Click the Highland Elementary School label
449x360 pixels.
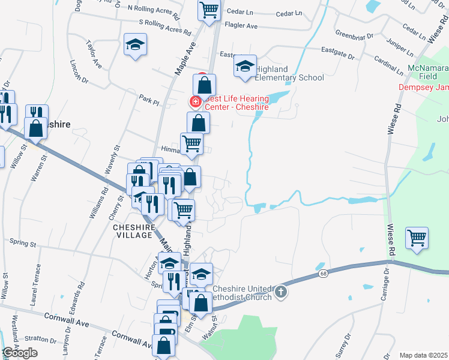pyautogui.click(x=290, y=73)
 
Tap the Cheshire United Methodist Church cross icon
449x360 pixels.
pyautogui.click(x=280, y=293)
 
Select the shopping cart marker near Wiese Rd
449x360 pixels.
pyautogui.click(x=417, y=238)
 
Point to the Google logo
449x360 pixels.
pyautogui.click(x=20, y=353)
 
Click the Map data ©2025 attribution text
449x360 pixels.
pyautogui.click(x=424, y=355)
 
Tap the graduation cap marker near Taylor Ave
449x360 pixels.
pyautogui.click(x=136, y=45)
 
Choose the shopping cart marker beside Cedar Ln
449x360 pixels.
pyautogui.click(x=209, y=10)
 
